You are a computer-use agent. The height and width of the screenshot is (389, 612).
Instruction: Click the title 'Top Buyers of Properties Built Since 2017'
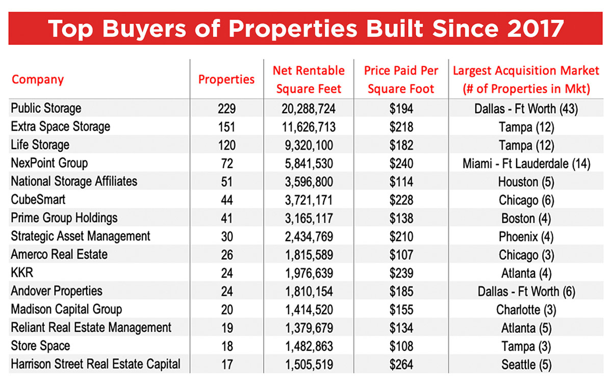(x=306, y=29)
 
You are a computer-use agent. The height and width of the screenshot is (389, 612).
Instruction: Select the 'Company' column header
(x=38, y=80)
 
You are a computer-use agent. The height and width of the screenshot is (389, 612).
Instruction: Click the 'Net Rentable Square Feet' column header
(x=309, y=80)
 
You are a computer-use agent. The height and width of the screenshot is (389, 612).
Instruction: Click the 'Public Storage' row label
(x=46, y=108)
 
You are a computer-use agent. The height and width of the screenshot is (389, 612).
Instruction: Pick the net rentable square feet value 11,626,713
(x=309, y=127)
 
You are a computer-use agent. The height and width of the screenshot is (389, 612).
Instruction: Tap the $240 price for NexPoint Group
(x=400, y=163)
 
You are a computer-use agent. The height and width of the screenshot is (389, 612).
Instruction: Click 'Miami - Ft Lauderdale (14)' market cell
(x=526, y=163)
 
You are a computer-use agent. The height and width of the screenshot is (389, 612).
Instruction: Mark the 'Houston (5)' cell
(x=526, y=182)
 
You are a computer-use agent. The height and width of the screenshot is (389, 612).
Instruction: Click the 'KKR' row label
(x=22, y=273)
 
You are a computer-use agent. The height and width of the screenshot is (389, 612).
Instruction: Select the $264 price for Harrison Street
(x=400, y=364)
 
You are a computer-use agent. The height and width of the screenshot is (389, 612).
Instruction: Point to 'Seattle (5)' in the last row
(x=526, y=364)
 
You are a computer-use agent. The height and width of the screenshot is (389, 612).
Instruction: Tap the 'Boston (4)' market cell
(x=526, y=218)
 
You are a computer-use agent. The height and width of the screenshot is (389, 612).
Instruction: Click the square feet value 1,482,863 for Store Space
(x=309, y=346)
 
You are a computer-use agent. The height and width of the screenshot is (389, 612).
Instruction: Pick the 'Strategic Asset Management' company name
(x=81, y=236)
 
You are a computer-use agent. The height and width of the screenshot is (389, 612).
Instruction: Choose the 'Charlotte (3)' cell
(x=526, y=309)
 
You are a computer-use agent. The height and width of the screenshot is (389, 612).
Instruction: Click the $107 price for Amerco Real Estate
(x=400, y=254)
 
